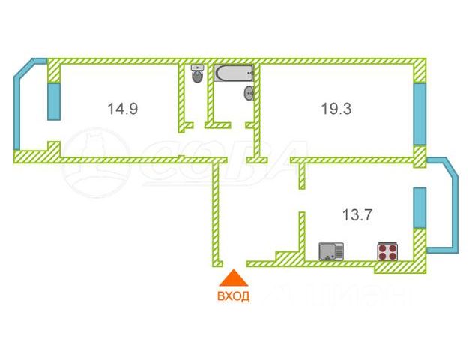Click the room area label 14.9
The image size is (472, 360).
point(122,109)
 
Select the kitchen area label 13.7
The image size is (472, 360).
point(357,215)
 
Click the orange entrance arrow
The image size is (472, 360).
point(233,278)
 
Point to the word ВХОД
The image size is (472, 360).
point(233,295)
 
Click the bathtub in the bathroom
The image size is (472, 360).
point(235,73)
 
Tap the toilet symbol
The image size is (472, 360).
point(198,74)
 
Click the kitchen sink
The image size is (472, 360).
point(331,250)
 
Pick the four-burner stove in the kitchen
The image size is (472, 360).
point(387,250)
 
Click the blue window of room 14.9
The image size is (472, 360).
point(53,101)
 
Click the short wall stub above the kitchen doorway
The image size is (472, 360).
point(302,176)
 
